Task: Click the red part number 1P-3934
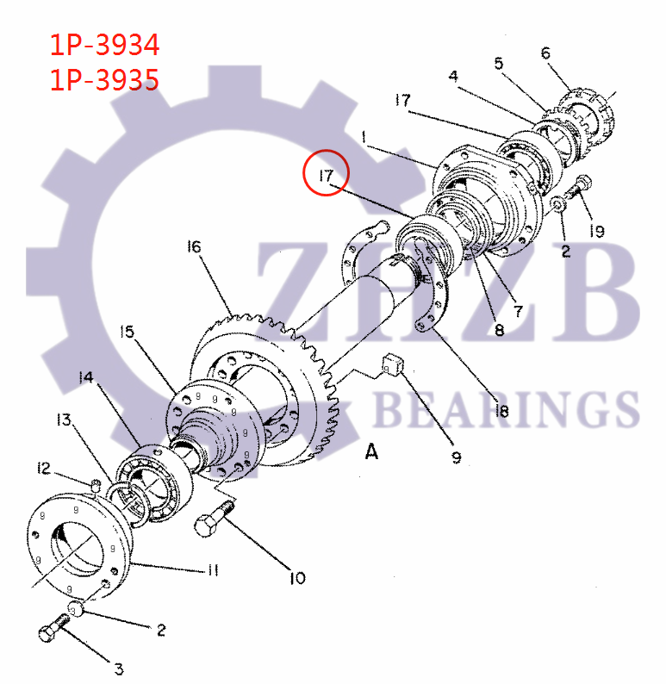click(104, 45)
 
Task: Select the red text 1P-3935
click(104, 80)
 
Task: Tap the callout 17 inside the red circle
click(326, 176)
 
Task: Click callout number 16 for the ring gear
click(194, 248)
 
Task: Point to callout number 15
click(128, 331)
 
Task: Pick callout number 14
click(85, 377)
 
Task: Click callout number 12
click(44, 468)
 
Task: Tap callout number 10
click(296, 578)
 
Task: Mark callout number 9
click(457, 457)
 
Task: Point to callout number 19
click(596, 231)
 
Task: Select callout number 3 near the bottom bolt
click(119, 668)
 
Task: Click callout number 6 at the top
click(545, 53)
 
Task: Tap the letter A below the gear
click(371, 451)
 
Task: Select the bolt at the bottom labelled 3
click(53, 632)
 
